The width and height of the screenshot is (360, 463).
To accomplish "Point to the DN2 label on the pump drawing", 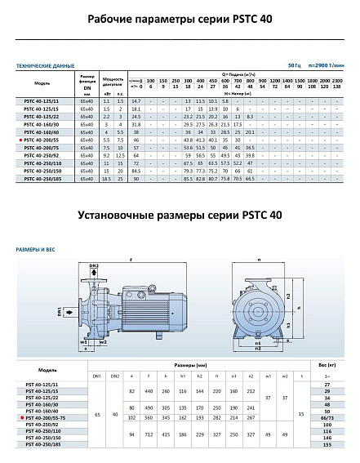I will click(93, 266).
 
